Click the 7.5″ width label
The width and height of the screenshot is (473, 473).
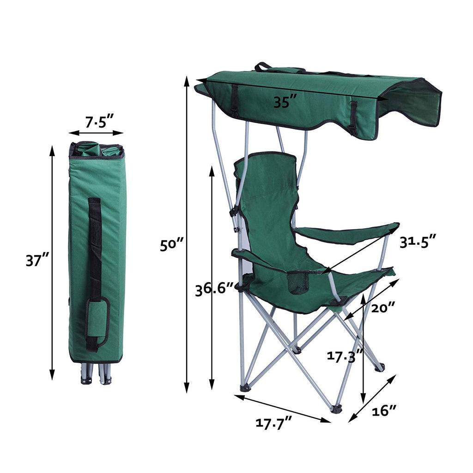click(99, 122)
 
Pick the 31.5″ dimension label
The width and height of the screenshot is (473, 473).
click(418, 241)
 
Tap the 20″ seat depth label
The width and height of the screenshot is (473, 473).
click(383, 308)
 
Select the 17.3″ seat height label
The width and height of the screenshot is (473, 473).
click(345, 356)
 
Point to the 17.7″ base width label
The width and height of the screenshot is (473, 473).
click(274, 423)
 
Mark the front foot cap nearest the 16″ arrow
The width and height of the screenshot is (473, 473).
click(337, 408)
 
